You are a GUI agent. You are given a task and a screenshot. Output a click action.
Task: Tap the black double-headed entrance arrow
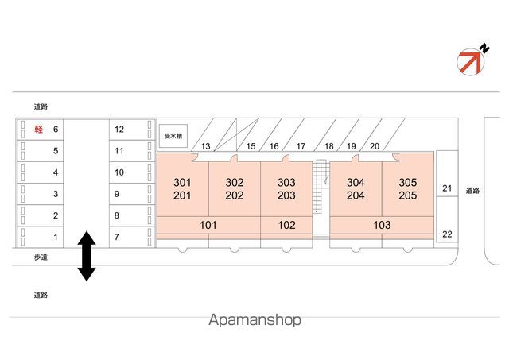[x=86, y=256]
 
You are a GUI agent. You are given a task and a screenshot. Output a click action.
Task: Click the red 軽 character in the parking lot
[x=37, y=129]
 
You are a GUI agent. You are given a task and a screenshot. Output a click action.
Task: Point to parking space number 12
[x=119, y=129]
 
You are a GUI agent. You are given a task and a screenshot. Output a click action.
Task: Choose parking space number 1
[x=56, y=237]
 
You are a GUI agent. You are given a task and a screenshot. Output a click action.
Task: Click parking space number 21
[x=447, y=188]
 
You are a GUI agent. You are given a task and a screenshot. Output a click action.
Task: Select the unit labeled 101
[x=208, y=225]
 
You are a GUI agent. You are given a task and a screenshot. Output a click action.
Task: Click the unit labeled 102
[x=287, y=225]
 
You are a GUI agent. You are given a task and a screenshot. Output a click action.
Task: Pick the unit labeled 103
[x=382, y=225]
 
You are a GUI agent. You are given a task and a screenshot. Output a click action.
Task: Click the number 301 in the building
[x=182, y=182]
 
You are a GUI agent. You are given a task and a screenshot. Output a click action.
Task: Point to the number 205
[x=408, y=195]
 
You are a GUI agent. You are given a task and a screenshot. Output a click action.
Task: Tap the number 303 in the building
[x=287, y=182]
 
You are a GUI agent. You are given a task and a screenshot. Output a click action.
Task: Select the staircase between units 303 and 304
[x=321, y=187]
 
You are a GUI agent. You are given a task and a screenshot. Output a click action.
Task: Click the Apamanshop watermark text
[x=254, y=320]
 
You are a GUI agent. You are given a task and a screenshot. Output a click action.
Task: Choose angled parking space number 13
[x=205, y=146]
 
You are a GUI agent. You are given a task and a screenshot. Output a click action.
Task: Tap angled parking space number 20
[x=375, y=146]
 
